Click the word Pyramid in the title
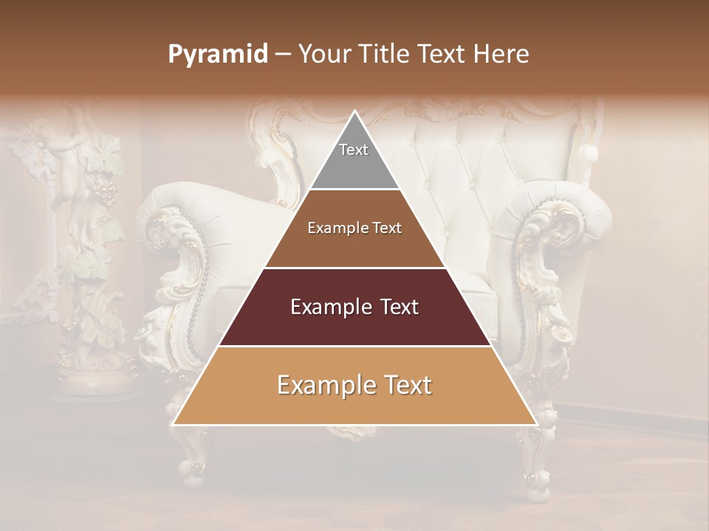click(217, 55)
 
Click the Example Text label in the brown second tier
click(354, 228)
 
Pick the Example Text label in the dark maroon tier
click(354, 307)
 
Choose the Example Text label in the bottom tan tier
click(354, 385)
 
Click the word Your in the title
click(323, 55)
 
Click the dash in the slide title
click(283, 55)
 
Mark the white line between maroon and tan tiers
click(354, 346)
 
